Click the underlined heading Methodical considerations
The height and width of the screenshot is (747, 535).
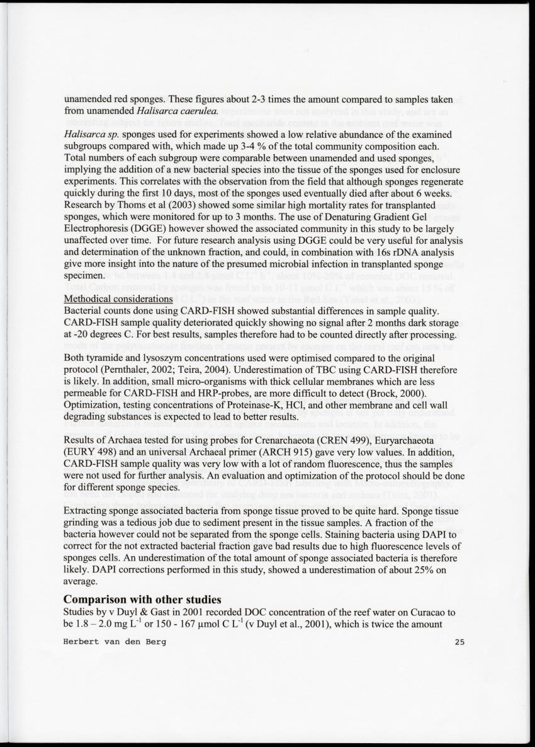pos(118,299)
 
